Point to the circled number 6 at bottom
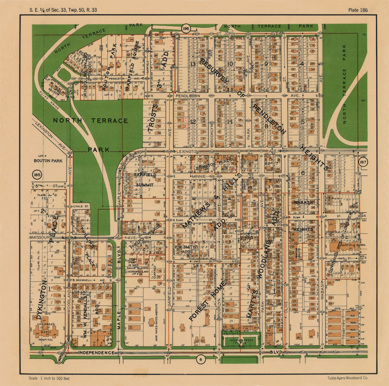[x=201, y=359]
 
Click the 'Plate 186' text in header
[x=358, y=10]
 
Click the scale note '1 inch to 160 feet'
[x=49, y=378]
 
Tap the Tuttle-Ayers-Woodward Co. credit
[x=347, y=378]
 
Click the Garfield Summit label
[x=145, y=180]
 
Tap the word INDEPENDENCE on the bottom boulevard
[x=96, y=353]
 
